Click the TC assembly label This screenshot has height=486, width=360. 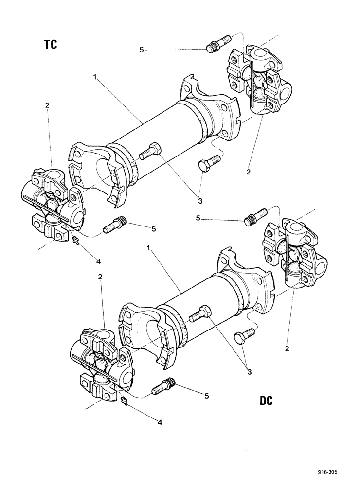click(50, 44)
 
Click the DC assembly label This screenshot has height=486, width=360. click(265, 401)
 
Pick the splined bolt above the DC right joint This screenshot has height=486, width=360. click(255, 216)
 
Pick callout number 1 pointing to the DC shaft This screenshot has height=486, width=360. click(149, 248)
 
